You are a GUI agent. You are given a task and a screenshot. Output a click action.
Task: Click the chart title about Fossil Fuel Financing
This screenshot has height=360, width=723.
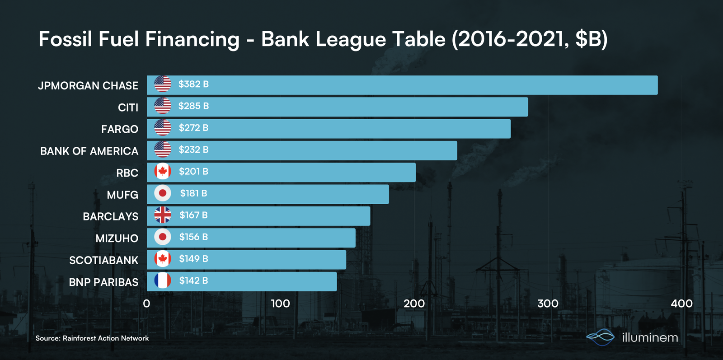323,39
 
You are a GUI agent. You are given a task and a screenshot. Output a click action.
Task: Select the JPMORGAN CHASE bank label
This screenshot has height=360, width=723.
88,85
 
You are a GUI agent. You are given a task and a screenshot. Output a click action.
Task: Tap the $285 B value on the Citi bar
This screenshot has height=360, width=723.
193,106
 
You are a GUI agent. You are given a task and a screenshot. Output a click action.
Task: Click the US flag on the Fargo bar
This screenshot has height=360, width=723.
163,128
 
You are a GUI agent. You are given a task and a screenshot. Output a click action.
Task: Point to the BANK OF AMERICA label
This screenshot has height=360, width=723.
89,151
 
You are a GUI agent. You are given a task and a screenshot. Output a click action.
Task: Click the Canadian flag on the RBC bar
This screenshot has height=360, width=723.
163,172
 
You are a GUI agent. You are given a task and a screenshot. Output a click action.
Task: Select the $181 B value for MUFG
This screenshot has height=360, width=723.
193,193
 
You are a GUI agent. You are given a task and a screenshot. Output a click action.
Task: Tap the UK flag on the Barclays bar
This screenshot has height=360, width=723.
163,215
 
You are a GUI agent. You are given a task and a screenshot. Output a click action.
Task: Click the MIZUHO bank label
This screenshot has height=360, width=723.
117,238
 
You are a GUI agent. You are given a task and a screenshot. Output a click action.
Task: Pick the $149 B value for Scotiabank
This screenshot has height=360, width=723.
193,259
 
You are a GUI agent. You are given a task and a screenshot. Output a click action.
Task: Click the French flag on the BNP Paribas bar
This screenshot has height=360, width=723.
163,281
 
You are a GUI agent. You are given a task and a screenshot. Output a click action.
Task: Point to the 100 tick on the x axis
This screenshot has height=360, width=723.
280,304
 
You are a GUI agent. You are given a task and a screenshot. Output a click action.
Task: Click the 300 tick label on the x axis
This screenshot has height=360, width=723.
548,304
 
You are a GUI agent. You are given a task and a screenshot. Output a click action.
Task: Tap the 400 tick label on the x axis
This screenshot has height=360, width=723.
681,304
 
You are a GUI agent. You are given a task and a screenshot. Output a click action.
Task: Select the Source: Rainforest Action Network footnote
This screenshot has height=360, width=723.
92,338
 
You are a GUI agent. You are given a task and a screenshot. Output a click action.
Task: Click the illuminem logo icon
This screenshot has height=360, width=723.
601,337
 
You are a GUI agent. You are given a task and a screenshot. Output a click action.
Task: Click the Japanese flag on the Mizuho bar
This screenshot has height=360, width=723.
163,237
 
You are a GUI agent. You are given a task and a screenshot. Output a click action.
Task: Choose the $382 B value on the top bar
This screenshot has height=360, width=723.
193,84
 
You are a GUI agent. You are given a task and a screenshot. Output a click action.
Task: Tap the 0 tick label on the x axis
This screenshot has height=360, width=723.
146,304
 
